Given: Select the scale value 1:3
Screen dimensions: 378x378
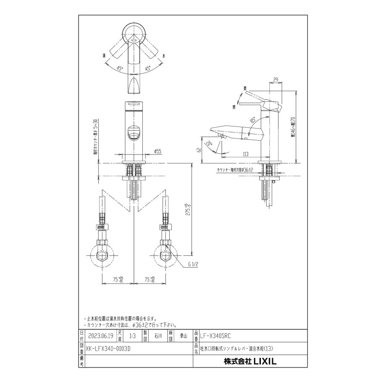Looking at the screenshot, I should (x=133, y=335).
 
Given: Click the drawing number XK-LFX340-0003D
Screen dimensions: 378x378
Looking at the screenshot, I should (x=108, y=348).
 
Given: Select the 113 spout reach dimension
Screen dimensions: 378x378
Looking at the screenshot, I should (x=246, y=153).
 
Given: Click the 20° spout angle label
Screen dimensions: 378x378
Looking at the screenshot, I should (x=210, y=144).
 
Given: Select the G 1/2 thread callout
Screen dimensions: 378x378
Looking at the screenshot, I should (x=193, y=265).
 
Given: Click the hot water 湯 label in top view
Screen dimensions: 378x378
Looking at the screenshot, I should (x=104, y=55).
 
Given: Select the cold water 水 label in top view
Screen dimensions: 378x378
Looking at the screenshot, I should (x=164, y=55).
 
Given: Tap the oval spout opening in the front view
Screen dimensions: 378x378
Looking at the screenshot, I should (x=133, y=134).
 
